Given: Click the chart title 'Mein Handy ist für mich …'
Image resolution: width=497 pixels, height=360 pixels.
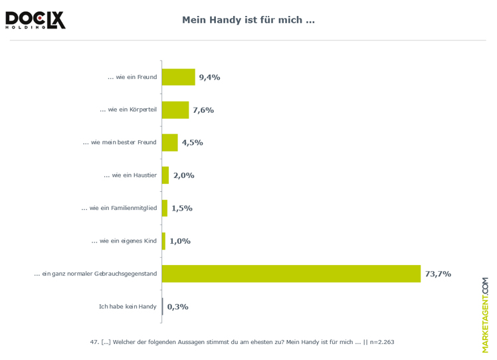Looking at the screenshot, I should (x=248, y=20).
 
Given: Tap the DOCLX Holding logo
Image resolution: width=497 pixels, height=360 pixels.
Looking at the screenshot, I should (x=35, y=19).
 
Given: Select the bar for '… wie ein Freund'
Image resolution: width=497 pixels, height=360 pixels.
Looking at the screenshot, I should (x=178, y=77).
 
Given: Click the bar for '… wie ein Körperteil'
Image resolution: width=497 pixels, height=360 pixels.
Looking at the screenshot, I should (x=175, y=110).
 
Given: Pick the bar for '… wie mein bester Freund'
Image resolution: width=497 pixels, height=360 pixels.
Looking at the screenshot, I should (x=169, y=142).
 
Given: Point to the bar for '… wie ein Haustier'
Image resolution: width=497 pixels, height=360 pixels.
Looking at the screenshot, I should (x=165, y=175).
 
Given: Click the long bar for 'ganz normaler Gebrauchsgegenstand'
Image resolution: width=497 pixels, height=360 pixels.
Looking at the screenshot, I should (x=291, y=274).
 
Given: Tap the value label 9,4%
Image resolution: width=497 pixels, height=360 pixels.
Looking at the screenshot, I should (x=209, y=77).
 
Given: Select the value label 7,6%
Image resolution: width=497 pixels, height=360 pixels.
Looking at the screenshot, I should (x=203, y=110).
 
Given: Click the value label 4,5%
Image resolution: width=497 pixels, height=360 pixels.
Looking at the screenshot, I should (x=192, y=142).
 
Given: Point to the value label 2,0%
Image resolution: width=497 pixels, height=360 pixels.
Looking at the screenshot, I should (x=183, y=175).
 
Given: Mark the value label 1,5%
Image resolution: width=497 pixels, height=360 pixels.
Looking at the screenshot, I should (x=181, y=208).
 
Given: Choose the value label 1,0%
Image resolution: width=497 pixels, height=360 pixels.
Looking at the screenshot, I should (x=179, y=241).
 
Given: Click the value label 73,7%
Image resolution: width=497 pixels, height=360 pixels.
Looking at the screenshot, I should (x=438, y=274).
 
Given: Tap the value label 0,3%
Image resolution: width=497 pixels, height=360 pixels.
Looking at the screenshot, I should (x=177, y=307).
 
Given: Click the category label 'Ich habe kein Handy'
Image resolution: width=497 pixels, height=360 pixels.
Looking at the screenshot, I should (x=128, y=307).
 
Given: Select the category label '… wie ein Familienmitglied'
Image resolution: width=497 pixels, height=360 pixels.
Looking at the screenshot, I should (x=119, y=208).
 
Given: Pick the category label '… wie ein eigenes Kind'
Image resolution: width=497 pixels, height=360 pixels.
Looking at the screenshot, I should (x=124, y=241).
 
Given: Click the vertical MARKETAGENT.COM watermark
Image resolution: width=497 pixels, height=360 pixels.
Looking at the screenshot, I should (x=485, y=315).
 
